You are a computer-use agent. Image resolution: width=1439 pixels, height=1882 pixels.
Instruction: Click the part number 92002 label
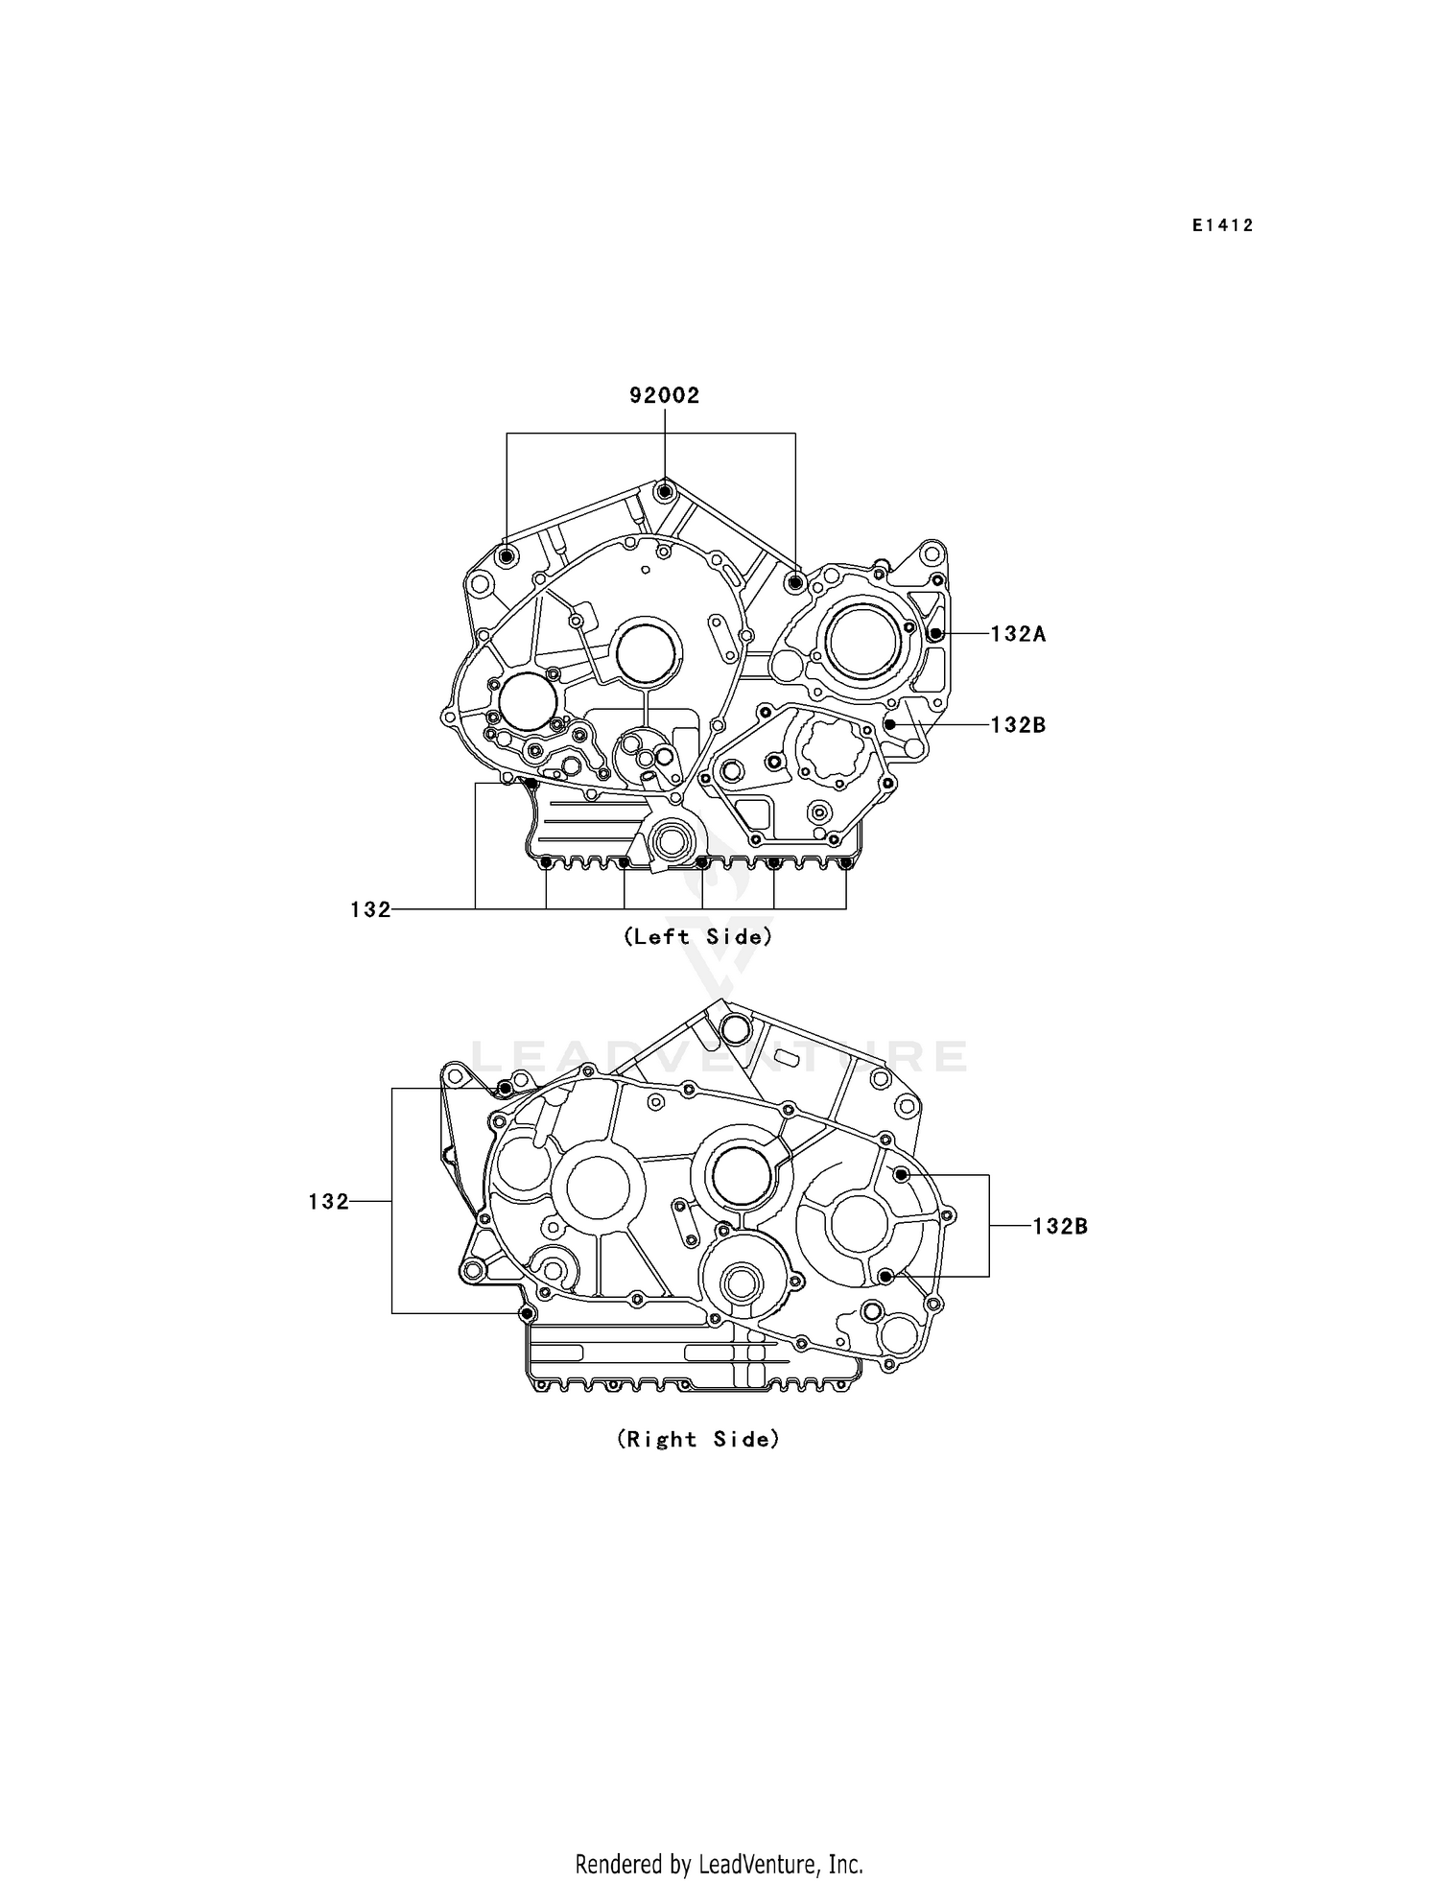point(664,395)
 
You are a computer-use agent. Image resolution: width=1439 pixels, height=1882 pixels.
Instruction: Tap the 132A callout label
point(1018,634)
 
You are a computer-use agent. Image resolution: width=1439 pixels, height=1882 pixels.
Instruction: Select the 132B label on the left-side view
point(1018,725)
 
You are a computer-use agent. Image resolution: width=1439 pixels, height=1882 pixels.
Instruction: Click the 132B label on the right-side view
point(1060,1226)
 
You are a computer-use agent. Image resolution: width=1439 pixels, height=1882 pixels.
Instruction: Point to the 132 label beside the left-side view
point(370,909)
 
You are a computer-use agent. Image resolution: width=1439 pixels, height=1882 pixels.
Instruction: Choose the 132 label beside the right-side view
point(328,1201)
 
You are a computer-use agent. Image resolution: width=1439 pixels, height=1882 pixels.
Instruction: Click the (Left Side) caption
point(697,936)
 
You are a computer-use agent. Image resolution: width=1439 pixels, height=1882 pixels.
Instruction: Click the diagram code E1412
point(1223,225)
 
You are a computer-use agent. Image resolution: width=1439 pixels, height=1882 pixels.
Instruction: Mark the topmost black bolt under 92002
point(664,492)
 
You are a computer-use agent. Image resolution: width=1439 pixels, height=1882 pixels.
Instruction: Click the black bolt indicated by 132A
point(935,633)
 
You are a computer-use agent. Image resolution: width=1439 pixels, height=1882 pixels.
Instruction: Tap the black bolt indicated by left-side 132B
point(890,724)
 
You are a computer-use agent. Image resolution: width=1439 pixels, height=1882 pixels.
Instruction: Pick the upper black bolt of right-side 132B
point(901,1175)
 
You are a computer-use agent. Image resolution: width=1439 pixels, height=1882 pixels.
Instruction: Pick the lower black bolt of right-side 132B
point(886,1276)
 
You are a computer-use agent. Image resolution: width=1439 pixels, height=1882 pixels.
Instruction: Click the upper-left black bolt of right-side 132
point(505,1089)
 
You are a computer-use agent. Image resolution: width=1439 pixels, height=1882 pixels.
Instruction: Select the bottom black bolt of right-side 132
point(525,1312)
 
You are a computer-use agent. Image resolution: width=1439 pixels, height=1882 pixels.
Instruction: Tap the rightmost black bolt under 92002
point(794,581)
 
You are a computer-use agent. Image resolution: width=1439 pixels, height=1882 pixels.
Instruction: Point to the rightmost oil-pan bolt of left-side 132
point(845,863)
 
